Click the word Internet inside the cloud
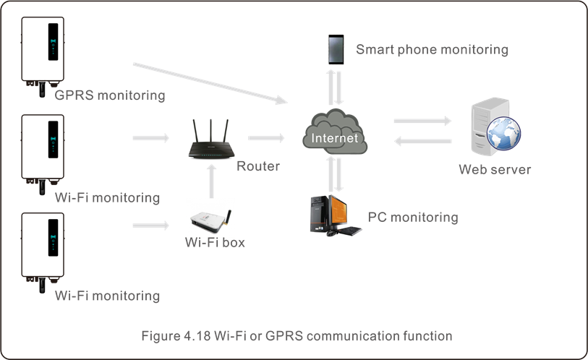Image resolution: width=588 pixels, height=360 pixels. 334,137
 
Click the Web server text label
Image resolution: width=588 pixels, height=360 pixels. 495,170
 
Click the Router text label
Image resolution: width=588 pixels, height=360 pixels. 258,166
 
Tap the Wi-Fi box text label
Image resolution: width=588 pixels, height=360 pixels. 215,243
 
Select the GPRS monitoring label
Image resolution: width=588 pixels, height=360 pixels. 110,95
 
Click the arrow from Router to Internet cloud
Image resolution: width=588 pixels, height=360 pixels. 267,137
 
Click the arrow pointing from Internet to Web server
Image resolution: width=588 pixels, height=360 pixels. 422,121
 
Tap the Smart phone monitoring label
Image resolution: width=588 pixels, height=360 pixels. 432,50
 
